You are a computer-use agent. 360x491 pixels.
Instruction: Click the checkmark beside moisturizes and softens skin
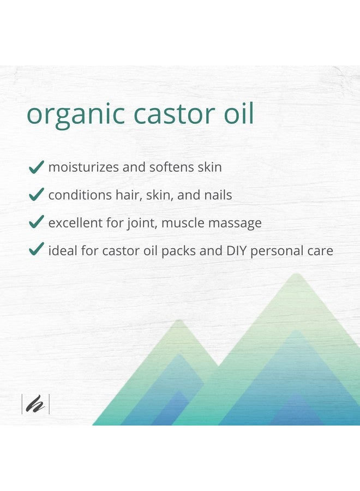36,167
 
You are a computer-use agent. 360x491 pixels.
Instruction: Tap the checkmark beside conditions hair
36,194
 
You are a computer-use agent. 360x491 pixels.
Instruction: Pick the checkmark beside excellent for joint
36,222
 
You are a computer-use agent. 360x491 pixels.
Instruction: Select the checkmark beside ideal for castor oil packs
36,250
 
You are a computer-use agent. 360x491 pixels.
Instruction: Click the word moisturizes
83,167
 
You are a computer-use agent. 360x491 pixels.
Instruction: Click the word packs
183,252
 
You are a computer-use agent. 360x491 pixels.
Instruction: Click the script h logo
35,404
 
